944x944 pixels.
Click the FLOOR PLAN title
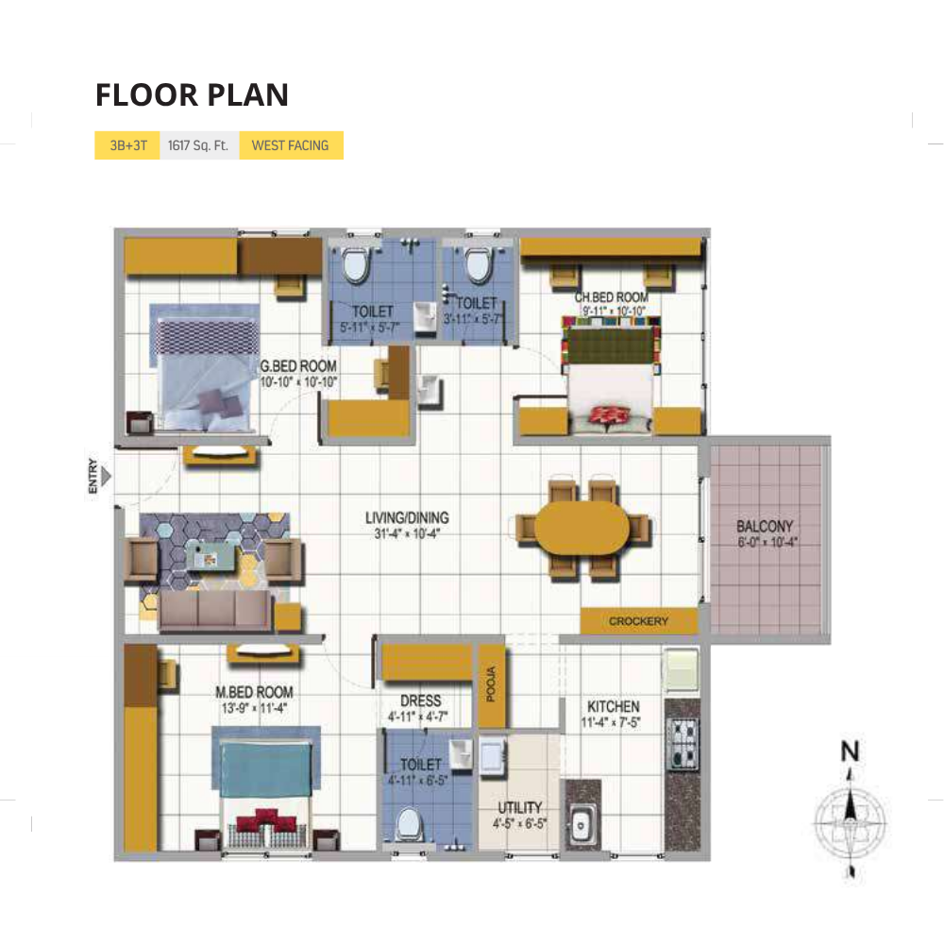point(192,95)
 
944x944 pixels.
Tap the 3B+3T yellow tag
point(127,145)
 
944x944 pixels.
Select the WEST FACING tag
point(290,145)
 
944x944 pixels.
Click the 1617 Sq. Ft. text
point(199,145)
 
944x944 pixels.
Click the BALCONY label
point(765,527)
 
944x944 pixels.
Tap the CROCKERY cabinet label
point(638,621)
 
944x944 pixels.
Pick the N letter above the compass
point(851,751)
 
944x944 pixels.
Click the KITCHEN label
point(614,707)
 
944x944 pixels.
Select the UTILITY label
point(520,808)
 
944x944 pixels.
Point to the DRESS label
point(420,700)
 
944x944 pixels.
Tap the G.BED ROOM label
point(299,365)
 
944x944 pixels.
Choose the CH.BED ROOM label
point(612,298)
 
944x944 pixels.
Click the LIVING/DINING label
point(407,517)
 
